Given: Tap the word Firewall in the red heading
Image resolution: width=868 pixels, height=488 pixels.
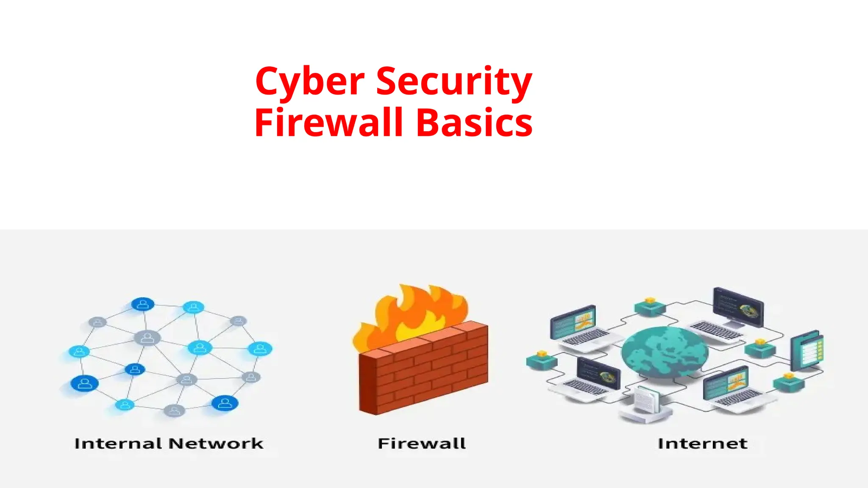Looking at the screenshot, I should point(328,122).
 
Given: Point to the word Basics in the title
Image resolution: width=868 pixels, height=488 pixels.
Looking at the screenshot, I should point(474,122).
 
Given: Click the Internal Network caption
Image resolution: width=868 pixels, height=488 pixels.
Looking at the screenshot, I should point(169,444).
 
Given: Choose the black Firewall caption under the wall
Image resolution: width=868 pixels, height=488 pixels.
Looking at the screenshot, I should point(422,444).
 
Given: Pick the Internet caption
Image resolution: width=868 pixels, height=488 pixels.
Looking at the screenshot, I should point(702,444).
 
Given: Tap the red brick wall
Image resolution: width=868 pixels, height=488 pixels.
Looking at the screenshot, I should point(424,373).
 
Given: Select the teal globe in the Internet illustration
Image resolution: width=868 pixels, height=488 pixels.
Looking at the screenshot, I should point(665,352).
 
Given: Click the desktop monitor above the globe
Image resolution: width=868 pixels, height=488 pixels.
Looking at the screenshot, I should point(737,307).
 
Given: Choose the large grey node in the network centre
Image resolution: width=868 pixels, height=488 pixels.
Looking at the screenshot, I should point(147,338).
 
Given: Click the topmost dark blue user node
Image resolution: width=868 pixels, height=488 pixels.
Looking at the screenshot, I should point(143,304).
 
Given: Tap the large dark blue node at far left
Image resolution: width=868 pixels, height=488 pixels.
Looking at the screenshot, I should point(85,383).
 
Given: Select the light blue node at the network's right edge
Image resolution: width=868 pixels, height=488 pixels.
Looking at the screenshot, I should point(260,349).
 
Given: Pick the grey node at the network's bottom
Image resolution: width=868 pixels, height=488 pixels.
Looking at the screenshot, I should point(174,410).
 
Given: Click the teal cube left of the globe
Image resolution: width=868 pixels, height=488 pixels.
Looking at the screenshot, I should point(541,360).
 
